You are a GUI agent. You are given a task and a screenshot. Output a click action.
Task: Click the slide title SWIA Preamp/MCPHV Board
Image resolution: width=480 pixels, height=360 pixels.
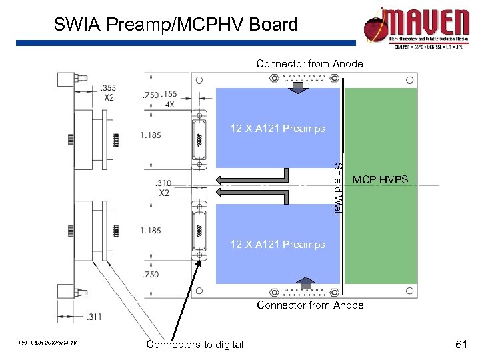click(x=175, y=25)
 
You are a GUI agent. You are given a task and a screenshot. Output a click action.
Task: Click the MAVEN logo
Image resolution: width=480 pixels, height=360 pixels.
click(x=417, y=27)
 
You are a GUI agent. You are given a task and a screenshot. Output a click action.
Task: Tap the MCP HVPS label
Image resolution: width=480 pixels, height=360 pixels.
click(x=380, y=180)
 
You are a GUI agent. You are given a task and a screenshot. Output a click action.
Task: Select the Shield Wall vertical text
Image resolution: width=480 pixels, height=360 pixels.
click(x=338, y=189)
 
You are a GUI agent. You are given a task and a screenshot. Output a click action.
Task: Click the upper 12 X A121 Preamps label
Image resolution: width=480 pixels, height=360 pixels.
click(x=277, y=128)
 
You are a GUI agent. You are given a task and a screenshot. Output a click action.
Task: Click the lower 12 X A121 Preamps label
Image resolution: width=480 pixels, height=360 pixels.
click(x=277, y=245)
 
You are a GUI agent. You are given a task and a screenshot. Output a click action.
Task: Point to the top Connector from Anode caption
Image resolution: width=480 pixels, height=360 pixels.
click(x=310, y=64)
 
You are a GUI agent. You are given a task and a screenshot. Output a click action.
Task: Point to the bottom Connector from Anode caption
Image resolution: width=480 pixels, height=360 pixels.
click(x=310, y=305)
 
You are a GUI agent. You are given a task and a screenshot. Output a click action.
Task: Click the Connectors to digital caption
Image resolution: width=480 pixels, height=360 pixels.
click(x=195, y=344)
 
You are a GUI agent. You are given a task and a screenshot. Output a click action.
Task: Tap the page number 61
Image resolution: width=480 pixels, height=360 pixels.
click(x=459, y=344)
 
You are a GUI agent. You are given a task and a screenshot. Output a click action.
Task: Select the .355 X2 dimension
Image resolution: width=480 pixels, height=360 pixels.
click(x=108, y=91)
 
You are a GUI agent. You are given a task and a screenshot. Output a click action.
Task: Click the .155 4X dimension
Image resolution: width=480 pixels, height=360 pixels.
click(x=169, y=99)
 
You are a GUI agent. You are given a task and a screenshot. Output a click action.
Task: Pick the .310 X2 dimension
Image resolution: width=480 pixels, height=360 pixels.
click(x=164, y=187)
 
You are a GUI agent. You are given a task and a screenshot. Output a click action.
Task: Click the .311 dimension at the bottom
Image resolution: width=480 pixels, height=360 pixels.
click(x=95, y=316)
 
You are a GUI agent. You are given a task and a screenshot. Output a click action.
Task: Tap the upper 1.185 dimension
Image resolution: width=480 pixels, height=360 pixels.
click(x=150, y=135)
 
